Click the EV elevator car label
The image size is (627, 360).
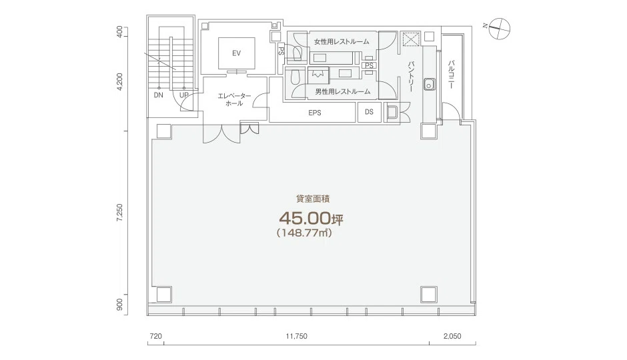pyautogui.click(x=236, y=53)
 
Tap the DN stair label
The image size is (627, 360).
pyautogui.click(x=159, y=95)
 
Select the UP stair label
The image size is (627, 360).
pyautogui.click(x=184, y=95)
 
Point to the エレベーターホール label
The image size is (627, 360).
pyautogui.click(x=234, y=99)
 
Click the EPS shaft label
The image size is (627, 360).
pyautogui.click(x=315, y=113)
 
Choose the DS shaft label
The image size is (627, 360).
pyautogui.click(x=369, y=112)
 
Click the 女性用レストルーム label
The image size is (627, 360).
pyautogui.click(x=342, y=41)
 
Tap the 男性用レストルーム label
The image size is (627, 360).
pyautogui.click(x=343, y=91)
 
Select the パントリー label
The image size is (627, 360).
pyautogui.click(x=410, y=77)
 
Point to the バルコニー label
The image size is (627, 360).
pyautogui.click(x=451, y=74)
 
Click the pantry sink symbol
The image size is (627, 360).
pyautogui.click(x=430, y=85)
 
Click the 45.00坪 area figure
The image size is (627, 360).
pyautogui.click(x=311, y=219)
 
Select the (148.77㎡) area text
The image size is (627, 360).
pyautogui.click(x=305, y=233)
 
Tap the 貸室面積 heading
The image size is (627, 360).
pyautogui.click(x=313, y=199)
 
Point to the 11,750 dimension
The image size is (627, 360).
pyautogui.click(x=296, y=336)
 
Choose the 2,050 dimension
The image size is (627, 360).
pyautogui.click(x=452, y=336)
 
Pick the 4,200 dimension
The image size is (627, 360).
pyautogui.click(x=119, y=82)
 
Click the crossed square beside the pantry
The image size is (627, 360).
pyautogui.click(x=410, y=39)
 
